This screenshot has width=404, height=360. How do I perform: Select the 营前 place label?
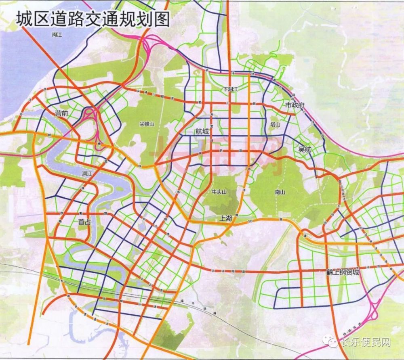(x=62, y=114)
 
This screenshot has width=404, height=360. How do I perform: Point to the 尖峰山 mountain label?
(x=147, y=124)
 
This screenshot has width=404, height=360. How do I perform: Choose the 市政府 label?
(x=294, y=105)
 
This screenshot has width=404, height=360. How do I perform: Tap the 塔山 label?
(x=275, y=125)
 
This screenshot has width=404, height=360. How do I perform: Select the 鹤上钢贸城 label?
(x=343, y=272)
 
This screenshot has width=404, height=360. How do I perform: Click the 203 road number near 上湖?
(x=250, y=221)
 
